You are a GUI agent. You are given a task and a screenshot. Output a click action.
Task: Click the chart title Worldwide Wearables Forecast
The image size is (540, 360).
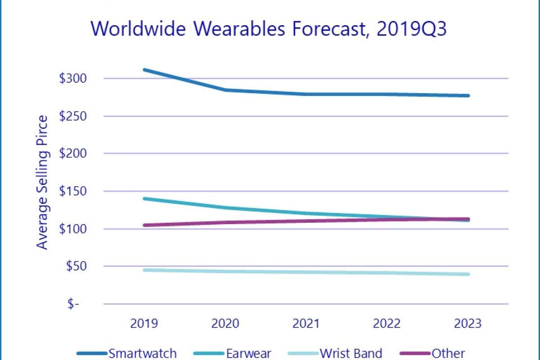pos(270,28)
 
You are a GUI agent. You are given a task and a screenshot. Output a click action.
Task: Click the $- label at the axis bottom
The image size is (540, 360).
pos(74,304)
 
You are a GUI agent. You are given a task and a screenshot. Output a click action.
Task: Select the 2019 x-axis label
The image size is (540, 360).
pos(144,324)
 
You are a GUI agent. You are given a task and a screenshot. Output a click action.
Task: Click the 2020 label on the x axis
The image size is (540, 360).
pos(225,324)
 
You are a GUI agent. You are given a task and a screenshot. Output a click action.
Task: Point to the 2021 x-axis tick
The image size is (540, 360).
pos(306,324)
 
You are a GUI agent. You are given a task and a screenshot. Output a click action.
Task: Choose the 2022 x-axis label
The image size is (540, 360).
pos(387,324)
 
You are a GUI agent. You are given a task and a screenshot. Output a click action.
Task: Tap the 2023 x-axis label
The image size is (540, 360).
pos(468,324)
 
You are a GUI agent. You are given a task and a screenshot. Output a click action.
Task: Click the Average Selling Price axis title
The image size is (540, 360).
pos(42,182)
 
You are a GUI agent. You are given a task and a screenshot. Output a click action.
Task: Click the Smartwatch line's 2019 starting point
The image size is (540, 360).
pos(144,70)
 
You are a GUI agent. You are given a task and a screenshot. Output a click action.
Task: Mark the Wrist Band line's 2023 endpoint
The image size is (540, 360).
pos(468,274)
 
